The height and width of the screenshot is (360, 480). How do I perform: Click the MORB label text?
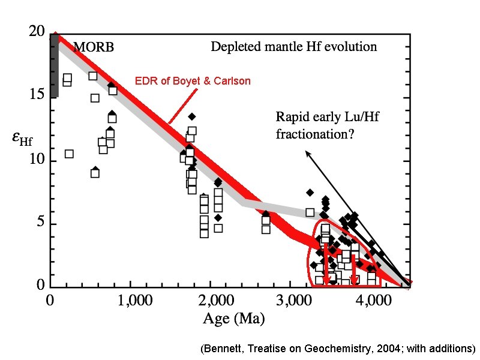click(94, 47)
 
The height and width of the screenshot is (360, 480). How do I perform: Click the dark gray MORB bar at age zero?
click(54, 66)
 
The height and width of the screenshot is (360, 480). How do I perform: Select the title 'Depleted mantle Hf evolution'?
click(293, 47)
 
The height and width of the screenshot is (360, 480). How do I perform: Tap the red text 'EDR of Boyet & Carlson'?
click(193, 80)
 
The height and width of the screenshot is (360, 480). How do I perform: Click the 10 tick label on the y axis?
click(37, 160)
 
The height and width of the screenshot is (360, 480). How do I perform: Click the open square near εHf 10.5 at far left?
click(69, 154)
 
